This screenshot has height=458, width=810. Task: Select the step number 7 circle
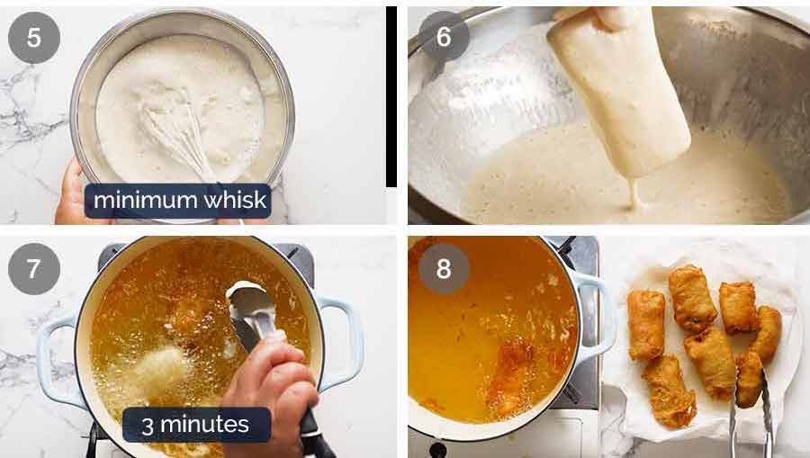click(34, 269)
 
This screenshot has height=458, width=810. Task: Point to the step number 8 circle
click(443, 267)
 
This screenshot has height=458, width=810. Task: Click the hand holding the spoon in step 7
click(270, 378)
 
